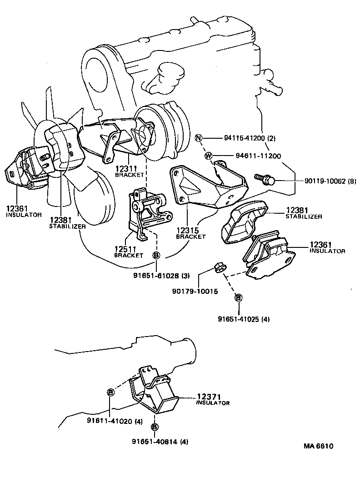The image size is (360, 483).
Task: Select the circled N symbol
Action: (198, 138)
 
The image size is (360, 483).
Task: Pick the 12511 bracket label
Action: (128, 252)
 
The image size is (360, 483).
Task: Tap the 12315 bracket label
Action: (190, 233)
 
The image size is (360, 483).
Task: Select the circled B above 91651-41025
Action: (238, 297)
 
